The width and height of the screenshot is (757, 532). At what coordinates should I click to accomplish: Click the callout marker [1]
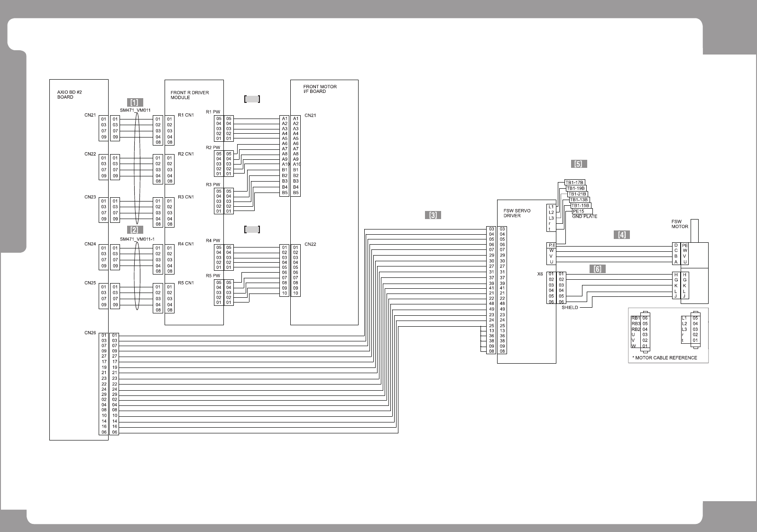click(135, 102)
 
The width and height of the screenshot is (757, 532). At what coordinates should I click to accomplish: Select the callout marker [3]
click(433, 215)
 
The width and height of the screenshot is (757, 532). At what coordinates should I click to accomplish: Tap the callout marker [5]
click(579, 164)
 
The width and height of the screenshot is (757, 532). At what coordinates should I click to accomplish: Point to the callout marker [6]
click(598, 269)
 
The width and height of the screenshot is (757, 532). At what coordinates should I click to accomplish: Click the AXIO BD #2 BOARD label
click(66, 94)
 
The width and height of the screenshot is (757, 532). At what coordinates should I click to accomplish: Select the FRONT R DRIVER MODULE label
click(190, 95)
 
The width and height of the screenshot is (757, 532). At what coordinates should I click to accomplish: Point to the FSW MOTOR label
click(679, 224)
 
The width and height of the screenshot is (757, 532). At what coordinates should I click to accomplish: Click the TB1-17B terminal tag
click(575, 183)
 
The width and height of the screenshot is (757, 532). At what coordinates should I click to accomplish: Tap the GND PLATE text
click(584, 217)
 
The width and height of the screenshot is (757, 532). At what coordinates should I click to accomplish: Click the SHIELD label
click(570, 307)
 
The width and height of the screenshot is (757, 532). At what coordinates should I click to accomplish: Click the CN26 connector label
click(90, 333)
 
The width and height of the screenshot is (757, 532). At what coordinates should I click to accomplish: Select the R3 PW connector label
click(213, 184)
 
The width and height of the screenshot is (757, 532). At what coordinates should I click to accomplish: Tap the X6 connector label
click(540, 274)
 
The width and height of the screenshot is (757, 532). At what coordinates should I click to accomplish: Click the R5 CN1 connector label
click(185, 283)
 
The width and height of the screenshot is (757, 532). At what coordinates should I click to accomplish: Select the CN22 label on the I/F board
click(310, 245)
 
